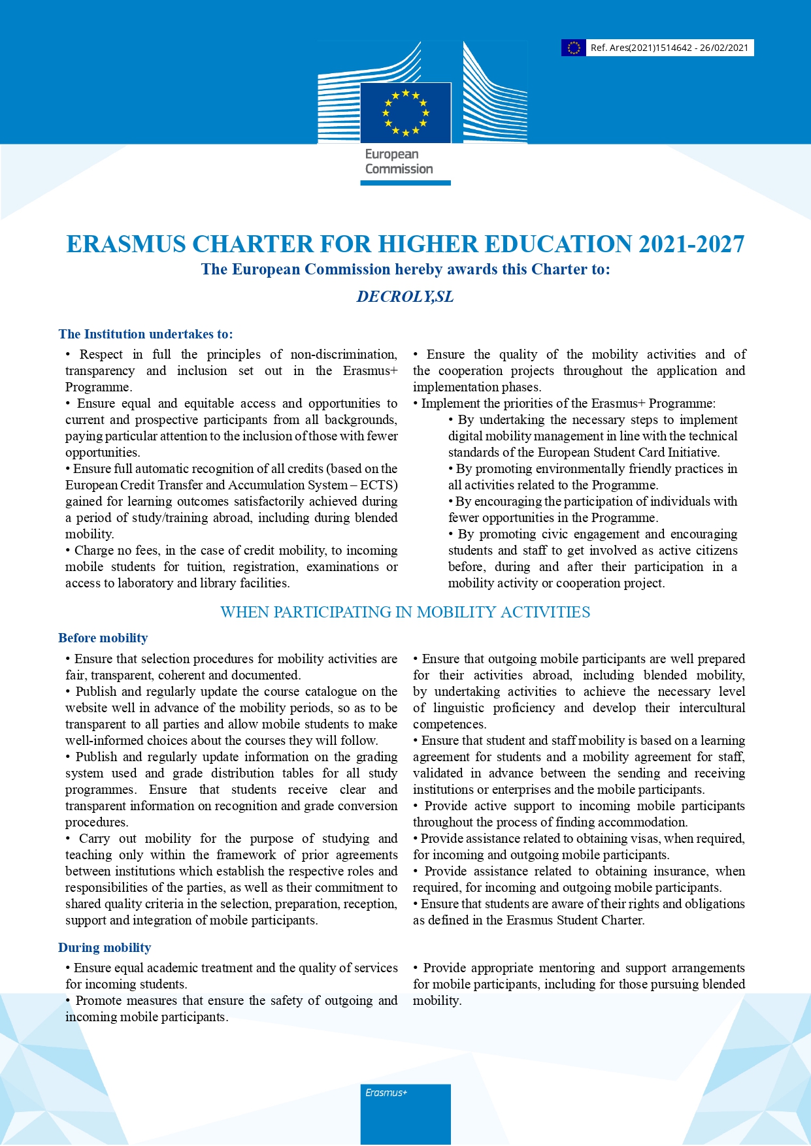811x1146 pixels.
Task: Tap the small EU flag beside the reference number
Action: pos(573,48)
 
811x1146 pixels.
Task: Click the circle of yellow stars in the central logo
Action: pos(405,113)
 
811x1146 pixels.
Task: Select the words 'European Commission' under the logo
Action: pos(399,161)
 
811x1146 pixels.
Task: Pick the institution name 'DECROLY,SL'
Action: pos(405,297)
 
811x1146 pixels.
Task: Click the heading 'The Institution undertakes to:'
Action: pos(145,334)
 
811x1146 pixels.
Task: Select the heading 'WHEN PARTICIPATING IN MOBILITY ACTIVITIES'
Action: pos(405,612)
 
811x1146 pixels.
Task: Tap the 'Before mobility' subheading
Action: pos(103,638)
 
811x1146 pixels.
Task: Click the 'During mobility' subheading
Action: pos(105,947)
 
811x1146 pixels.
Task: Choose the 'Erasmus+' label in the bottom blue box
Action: pos(386,1092)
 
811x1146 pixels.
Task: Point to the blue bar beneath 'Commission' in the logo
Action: pos(405,183)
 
